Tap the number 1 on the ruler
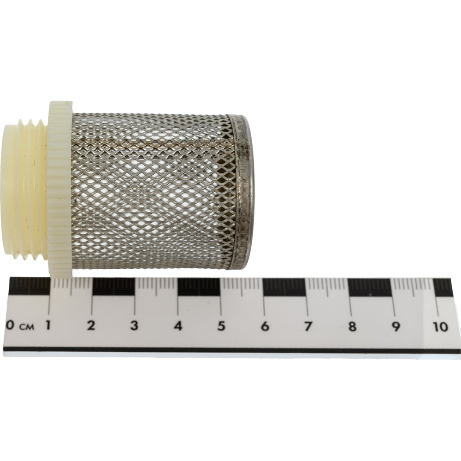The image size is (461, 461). [47, 325]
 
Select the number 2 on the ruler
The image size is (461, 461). [91, 325]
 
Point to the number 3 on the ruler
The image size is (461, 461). [134, 325]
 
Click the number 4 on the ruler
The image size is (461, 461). [178, 326]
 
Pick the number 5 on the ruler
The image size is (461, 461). [221, 326]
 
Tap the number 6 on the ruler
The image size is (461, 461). [265, 326]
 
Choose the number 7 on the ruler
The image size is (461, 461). [308, 326]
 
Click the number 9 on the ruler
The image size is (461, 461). [396, 326]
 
